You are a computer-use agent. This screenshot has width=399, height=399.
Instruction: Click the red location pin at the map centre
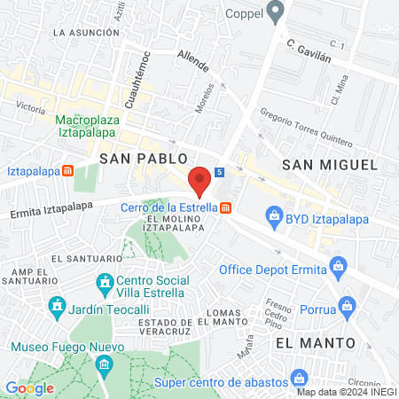pos(200,180)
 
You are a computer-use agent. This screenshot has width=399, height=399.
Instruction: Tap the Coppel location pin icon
pos(275,12)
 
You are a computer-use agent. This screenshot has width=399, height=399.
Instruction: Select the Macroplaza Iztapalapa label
pos(93,127)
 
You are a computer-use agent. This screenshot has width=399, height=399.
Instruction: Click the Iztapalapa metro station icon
pos(67,170)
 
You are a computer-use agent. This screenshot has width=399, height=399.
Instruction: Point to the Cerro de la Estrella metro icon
pos(227,208)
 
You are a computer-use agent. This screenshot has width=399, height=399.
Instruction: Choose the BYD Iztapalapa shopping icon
pos(274,215)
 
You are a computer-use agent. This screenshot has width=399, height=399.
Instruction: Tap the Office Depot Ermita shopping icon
pos(337,264)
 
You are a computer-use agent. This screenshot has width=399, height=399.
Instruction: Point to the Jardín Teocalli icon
pos(56,307)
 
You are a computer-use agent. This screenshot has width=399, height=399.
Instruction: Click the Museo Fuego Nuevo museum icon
pos(104,364)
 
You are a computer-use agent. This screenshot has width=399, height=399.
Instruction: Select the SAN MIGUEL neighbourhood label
pos(329,165)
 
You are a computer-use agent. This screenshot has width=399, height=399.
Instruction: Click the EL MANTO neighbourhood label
pos(315,341)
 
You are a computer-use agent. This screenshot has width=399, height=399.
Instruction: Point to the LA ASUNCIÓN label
pos(86,32)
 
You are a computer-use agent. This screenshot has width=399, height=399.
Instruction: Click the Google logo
pos(29,387)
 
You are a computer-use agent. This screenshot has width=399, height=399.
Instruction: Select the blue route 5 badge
pos(218,172)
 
